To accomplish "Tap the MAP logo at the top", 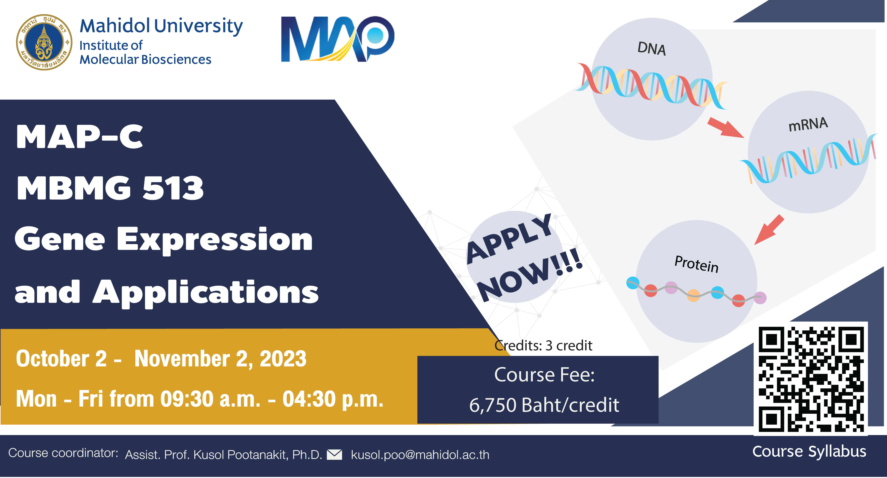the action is point(337,39).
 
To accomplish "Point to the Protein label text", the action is point(696,264).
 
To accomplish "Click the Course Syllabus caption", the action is point(809,452).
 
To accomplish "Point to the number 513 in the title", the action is point(173,188).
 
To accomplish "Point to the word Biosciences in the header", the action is point(176,60).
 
